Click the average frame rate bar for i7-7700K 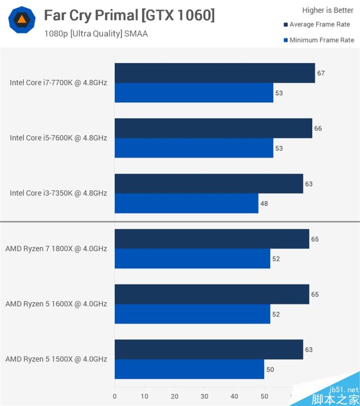pyautogui.click(x=214, y=73)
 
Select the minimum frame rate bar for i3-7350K pyautogui.click(x=186, y=204)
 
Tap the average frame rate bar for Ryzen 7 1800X pyautogui.click(x=212, y=239)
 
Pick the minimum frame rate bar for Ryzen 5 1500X pyautogui.click(x=189, y=369)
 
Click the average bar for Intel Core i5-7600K pyautogui.click(x=213, y=128)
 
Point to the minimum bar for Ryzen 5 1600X pyautogui.click(x=192, y=314)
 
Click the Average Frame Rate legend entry pyautogui.click(x=319, y=24)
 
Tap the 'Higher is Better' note pyautogui.click(x=328, y=10)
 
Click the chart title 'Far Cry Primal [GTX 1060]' pyautogui.click(x=129, y=16)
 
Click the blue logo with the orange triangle pyautogui.click(x=22, y=20)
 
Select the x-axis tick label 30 pyautogui.click(x=205, y=396)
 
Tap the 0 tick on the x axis pyautogui.click(x=115, y=396)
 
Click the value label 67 pyautogui.click(x=321, y=73)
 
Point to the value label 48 pyautogui.click(x=264, y=204)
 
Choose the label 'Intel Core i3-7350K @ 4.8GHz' pyautogui.click(x=58, y=193)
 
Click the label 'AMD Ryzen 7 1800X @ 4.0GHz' pyautogui.click(x=56, y=249)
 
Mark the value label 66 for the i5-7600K pyautogui.click(x=318, y=128)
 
